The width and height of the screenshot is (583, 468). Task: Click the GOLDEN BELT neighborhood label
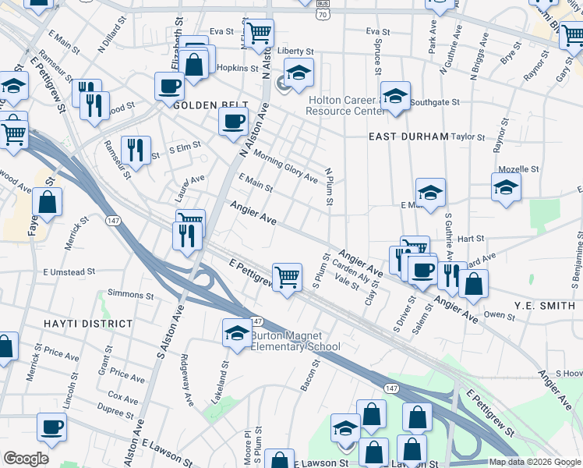(210, 105)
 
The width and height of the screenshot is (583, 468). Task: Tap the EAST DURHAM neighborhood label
(408, 136)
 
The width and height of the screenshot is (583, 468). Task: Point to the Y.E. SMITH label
(545, 305)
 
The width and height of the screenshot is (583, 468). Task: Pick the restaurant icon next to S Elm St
(137, 148)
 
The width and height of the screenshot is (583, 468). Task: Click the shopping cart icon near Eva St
(259, 33)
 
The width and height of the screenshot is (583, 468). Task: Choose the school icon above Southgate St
(396, 96)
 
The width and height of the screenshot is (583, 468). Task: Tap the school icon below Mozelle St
(506, 187)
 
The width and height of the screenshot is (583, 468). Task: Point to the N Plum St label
(329, 187)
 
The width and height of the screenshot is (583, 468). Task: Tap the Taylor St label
(468, 136)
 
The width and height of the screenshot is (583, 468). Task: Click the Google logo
(26, 459)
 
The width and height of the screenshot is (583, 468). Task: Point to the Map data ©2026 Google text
(535, 462)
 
